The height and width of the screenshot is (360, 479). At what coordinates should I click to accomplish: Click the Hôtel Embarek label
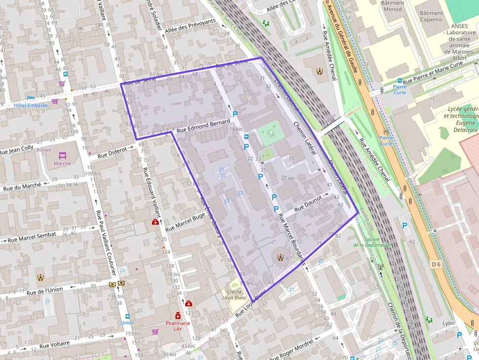click(31, 105)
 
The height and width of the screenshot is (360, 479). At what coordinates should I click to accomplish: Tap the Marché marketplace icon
click(63, 156)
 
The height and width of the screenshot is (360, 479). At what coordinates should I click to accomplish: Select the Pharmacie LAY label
click(177, 326)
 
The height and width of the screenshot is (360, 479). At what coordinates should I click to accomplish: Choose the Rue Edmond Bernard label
click(203, 127)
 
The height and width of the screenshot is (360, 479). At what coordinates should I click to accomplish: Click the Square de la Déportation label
click(378, 242)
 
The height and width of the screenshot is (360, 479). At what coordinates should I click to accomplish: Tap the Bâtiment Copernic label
click(431, 17)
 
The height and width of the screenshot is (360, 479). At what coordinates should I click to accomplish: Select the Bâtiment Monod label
click(393, 6)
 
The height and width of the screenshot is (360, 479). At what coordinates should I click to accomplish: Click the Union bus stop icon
click(127, 317)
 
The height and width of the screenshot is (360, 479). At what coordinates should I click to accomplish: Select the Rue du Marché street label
click(22, 186)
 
